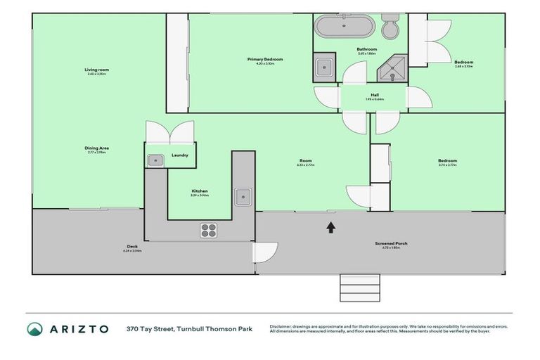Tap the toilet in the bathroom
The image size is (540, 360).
[x=390, y=27]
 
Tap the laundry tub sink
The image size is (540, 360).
[x=155, y=161]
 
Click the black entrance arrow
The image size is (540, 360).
[x=330, y=226]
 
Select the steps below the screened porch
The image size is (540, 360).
[x=359, y=286]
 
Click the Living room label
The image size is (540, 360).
[x=97, y=70]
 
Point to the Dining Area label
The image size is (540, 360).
[x=97, y=148]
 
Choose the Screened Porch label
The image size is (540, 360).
[x=391, y=243]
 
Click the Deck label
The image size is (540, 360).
[x=132, y=247]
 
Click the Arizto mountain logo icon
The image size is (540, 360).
[x=35, y=328]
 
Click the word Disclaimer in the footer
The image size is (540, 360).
[x=283, y=326]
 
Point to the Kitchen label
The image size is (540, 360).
[x=200, y=191]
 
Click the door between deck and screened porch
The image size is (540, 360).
[x=266, y=251]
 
